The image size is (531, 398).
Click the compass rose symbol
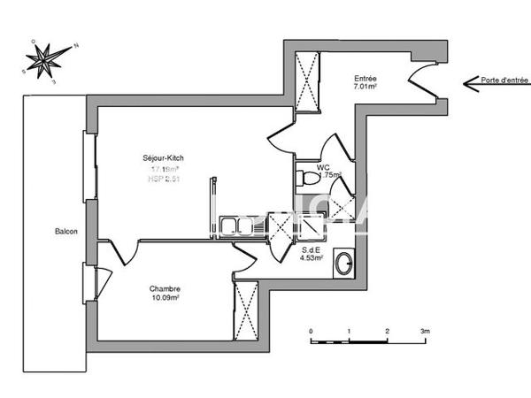click(x=46, y=59)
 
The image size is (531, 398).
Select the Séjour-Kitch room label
click(x=164, y=158)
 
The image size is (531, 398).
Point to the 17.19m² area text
click(x=165, y=168)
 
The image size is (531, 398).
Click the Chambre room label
click(x=165, y=288)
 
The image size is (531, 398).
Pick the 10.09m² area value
click(x=165, y=298)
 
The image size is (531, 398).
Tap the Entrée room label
click(x=366, y=78)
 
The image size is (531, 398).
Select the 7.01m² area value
click(x=366, y=88)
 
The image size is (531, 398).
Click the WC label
click(x=311, y=166)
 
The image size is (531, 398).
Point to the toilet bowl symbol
click(x=308, y=178)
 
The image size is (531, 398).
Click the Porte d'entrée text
click(x=504, y=80)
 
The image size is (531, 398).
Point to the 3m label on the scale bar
click(x=425, y=331)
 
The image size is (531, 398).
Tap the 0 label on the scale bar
click(x=312, y=331)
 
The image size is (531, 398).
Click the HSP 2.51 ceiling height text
click(x=164, y=178)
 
